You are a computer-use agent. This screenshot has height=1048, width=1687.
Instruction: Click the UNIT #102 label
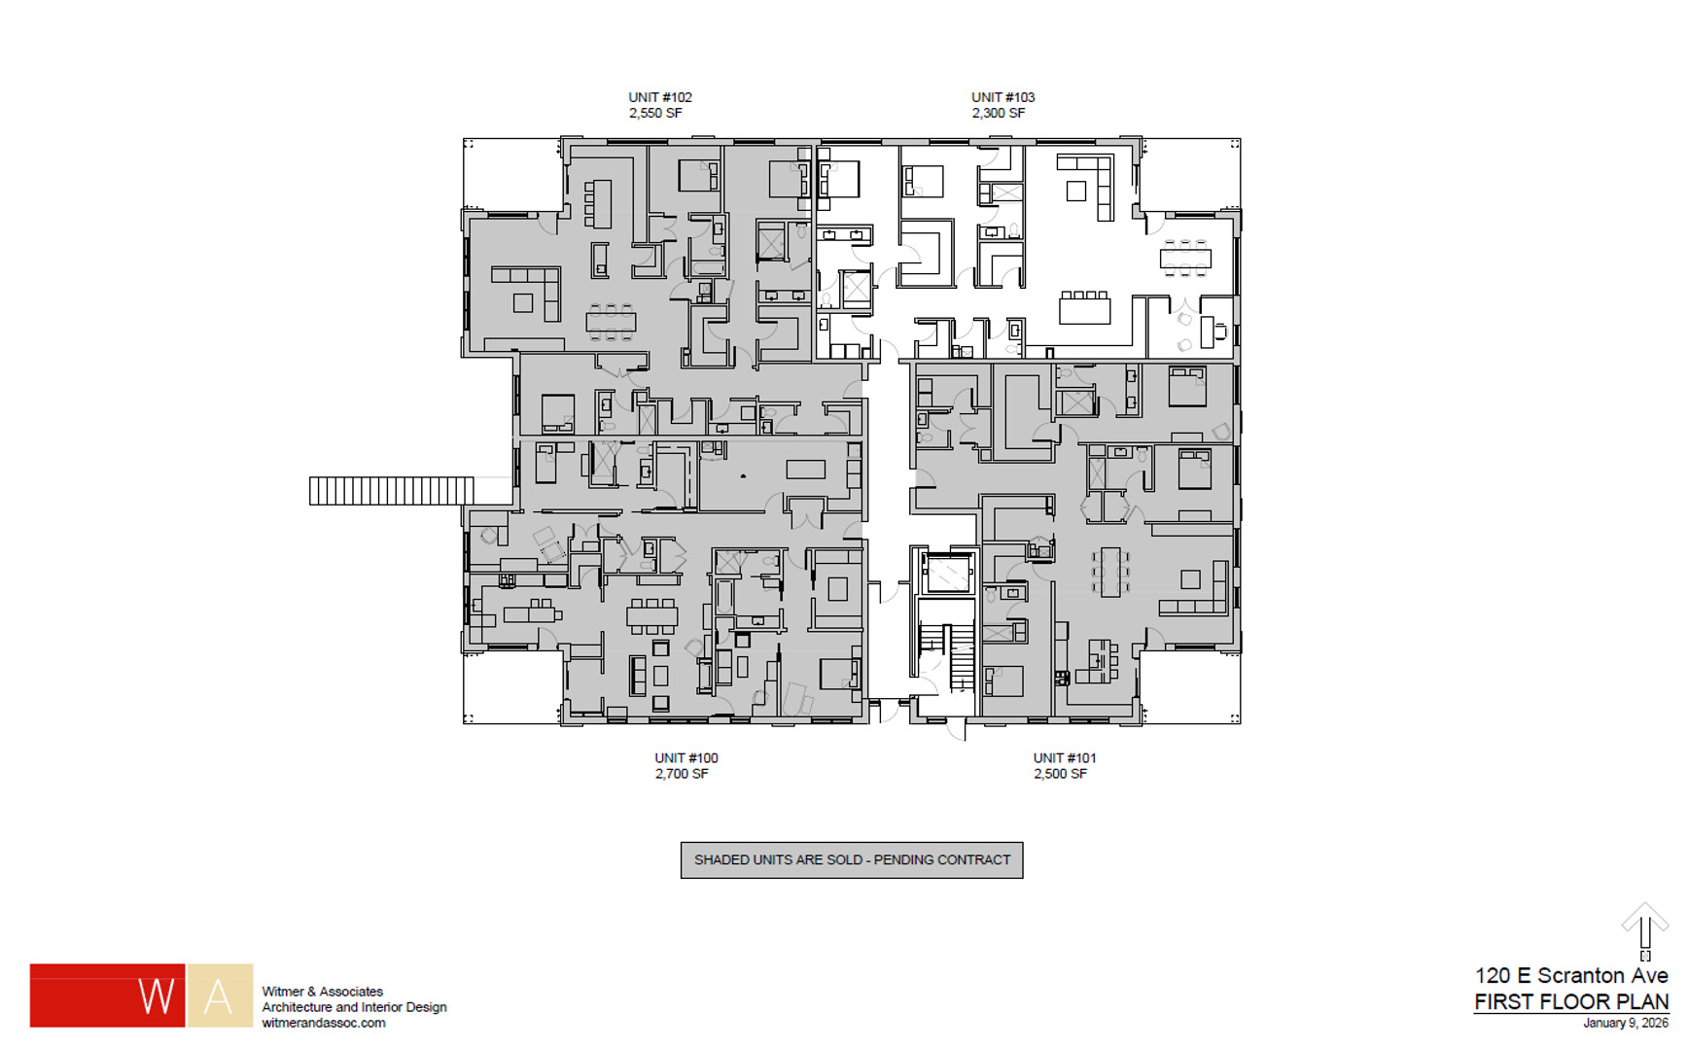point(659,97)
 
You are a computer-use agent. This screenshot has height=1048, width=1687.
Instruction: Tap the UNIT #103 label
point(1002,97)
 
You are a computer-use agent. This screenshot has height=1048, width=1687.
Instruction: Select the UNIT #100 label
point(685,757)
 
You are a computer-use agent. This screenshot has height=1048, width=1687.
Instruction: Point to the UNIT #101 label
point(1064,757)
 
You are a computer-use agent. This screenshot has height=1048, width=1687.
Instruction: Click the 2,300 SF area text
point(998,114)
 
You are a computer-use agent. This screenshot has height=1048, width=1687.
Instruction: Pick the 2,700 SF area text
point(681,774)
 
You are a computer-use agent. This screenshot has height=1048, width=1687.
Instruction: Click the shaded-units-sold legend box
point(851,859)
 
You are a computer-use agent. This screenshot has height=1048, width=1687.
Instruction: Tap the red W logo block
point(107,996)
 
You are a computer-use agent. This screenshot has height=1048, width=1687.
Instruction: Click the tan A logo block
point(220,996)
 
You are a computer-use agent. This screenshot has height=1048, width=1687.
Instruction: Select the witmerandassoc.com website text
point(323,1023)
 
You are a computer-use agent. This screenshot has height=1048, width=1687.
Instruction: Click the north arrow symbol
point(1644,928)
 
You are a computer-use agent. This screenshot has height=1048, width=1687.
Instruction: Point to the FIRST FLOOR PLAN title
point(1570,1001)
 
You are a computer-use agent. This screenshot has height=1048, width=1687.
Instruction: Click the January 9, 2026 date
point(1625,1023)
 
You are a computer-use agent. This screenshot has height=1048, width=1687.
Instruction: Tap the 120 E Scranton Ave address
point(1570,975)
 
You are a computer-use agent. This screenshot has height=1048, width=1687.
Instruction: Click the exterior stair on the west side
point(391,490)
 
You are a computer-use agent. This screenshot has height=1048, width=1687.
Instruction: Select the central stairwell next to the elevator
point(948,651)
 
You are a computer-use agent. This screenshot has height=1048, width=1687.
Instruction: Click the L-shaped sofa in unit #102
point(530,289)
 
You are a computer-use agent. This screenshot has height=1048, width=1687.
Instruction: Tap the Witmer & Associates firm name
point(322,992)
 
